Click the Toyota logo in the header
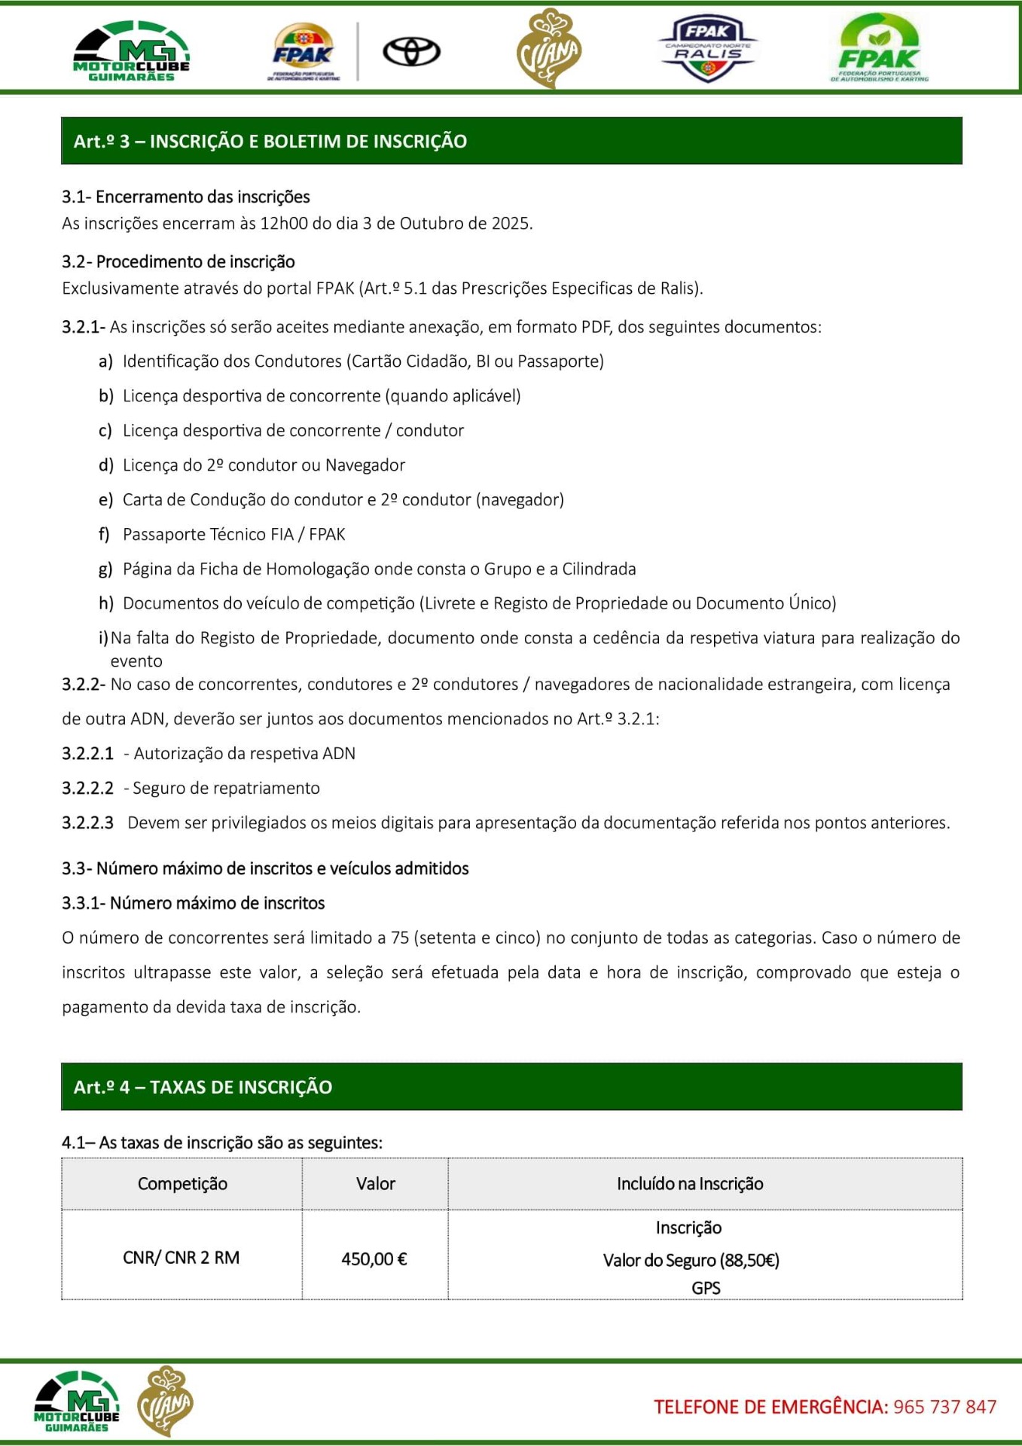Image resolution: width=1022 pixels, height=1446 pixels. pyautogui.click(x=411, y=52)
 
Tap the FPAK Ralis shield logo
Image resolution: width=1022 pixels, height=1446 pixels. pyautogui.click(x=707, y=50)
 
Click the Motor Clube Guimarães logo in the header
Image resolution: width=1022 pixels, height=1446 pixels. pyautogui.click(x=132, y=51)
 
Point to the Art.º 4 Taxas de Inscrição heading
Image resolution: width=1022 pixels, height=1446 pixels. pyautogui.click(x=203, y=1087)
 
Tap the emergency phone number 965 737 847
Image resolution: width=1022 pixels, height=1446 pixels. pyautogui.click(x=944, y=1407)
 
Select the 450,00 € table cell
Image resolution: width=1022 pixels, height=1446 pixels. pyautogui.click(x=374, y=1258)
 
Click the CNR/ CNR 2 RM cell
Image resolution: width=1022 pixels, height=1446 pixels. pyautogui.click(x=181, y=1258)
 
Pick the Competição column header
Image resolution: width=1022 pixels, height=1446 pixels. pyautogui.click(x=182, y=1184)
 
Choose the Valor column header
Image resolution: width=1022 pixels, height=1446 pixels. pyautogui.click(x=375, y=1184)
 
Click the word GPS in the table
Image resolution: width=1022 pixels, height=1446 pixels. pyautogui.click(x=706, y=1288)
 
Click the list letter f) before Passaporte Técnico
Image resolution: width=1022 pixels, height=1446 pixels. pyautogui.click(x=104, y=534)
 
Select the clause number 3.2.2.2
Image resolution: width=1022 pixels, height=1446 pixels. pyautogui.click(x=87, y=788)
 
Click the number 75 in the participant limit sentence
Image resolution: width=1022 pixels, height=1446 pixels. pyautogui.click(x=400, y=938)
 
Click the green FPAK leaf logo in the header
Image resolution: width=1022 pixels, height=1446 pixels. pyautogui.click(x=879, y=48)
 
